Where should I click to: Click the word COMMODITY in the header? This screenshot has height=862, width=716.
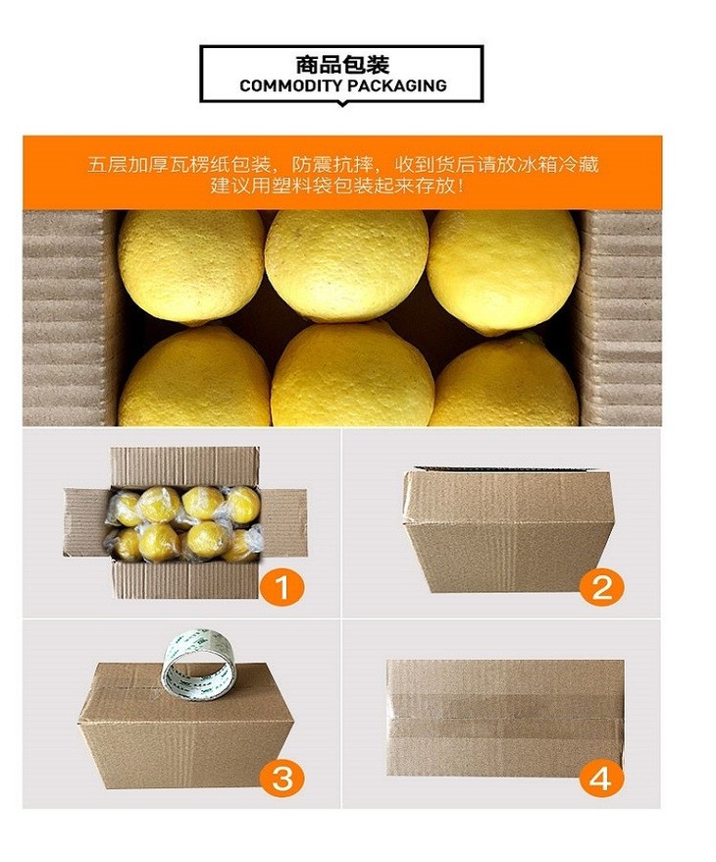click(290, 85)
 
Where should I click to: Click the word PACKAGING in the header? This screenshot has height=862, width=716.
click(396, 85)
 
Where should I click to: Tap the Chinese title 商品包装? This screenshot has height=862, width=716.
click(342, 65)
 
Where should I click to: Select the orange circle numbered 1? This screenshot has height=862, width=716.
click(282, 586)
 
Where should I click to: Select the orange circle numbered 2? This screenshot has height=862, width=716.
click(602, 586)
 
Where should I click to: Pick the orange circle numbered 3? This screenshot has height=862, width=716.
click(282, 778)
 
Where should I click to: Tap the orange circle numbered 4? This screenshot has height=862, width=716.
click(602, 778)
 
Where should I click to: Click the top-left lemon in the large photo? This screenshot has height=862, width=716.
click(191, 267)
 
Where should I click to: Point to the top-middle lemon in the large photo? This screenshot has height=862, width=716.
click(346, 265)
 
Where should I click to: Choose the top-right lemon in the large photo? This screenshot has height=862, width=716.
click(503, 271)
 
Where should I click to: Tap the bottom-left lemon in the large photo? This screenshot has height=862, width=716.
click(194, 377)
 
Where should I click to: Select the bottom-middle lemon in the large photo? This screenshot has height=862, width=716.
click(352, 375)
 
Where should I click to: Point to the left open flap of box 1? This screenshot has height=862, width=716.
click(88, 521)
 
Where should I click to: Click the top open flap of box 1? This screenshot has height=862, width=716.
click(184, 466)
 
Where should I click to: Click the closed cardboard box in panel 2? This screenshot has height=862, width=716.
click(508, 529)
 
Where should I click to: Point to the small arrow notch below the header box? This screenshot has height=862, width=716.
click(341, 103)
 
